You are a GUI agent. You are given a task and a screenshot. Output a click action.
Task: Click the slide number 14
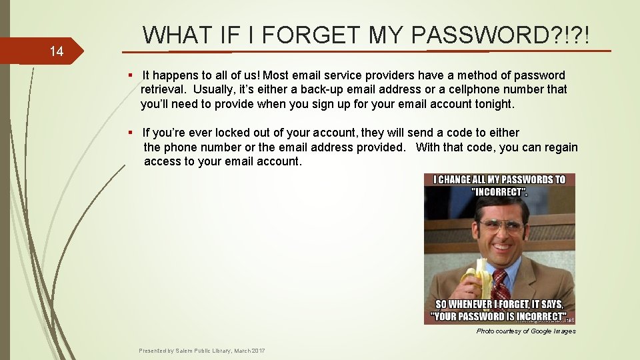click(x=56, y=51)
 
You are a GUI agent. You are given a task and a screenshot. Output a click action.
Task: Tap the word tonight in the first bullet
click(x=494, y=104)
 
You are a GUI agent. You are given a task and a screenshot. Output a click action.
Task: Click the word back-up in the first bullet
click(x=289, y=89)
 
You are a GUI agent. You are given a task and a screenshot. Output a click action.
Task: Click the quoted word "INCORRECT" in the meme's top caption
click(x=499, y=192)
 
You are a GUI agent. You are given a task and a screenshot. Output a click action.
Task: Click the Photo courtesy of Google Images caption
click(x=525, y=331)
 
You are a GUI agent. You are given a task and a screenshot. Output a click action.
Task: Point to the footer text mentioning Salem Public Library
click(x=201, y=351)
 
